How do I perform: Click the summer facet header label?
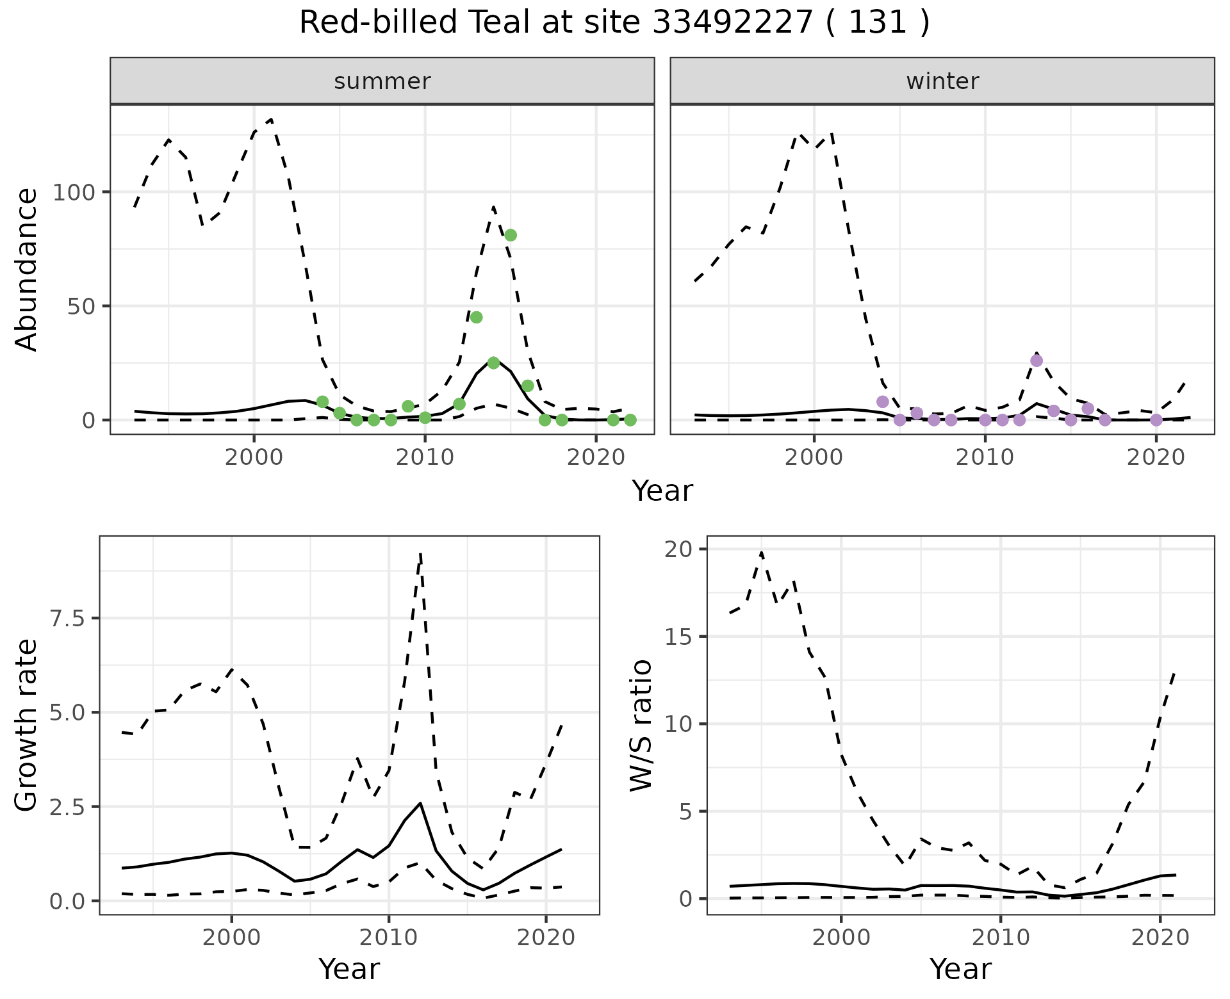click(x=382, y=81)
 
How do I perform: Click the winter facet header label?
click(x=942, y=81)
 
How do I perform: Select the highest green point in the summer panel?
click(x=511, y=235)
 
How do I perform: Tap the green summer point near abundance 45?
click(x=476, y=318)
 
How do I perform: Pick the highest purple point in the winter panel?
click(x=1037, y=361)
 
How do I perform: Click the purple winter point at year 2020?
click(x=1156, y=420)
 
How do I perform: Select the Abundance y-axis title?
click(x=27, y=270)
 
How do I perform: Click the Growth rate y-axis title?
click(x=27, y=726)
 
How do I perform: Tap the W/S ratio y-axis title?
click(x=641, y=726)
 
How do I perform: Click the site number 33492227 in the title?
click(x=732, y=23)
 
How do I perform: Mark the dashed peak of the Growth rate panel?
click(x=420, y=553)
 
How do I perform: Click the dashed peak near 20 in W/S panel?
click(x=761, y=552)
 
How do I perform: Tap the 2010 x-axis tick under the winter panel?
click(x=985, y=459)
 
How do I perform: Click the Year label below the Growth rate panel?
click(x=349, y=969)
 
